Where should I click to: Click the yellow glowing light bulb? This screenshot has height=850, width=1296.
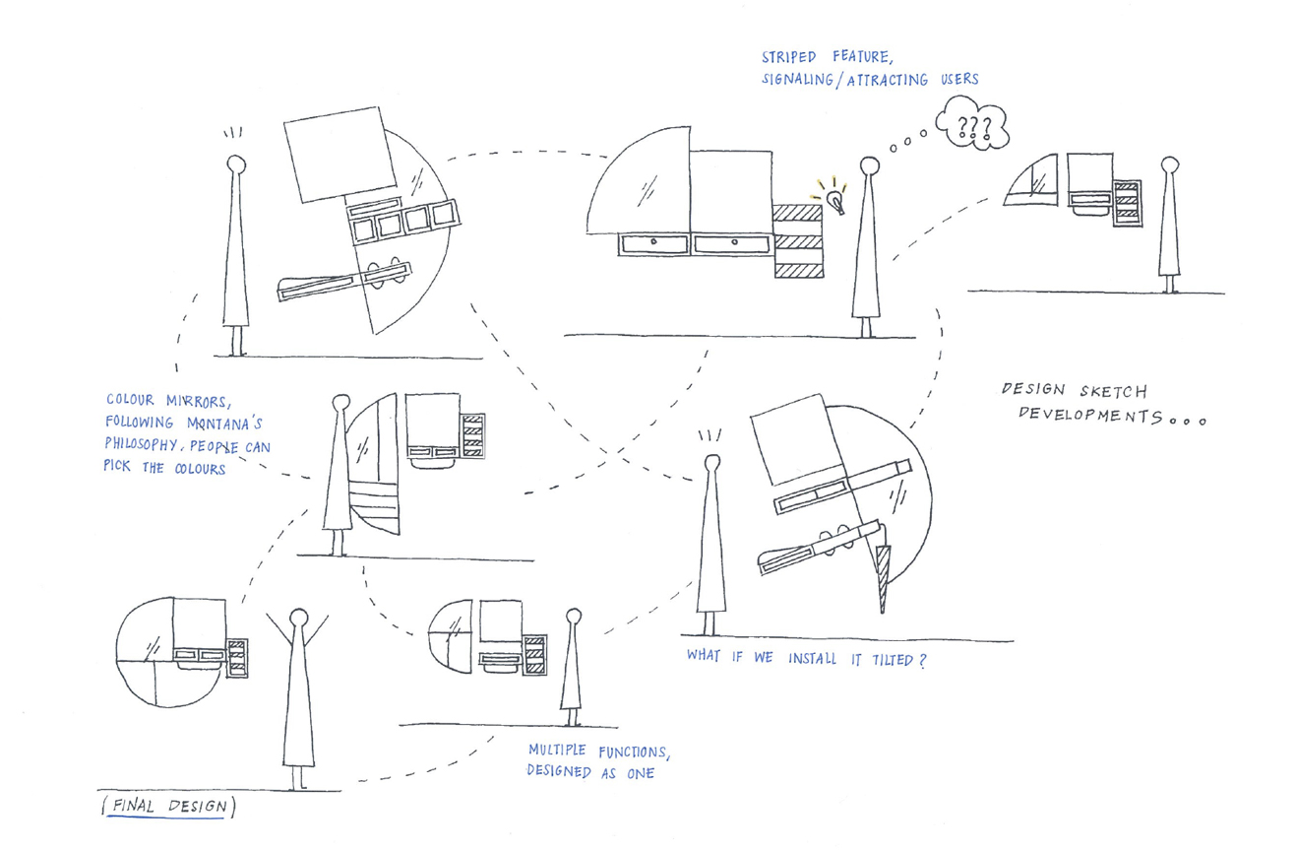point(835,201)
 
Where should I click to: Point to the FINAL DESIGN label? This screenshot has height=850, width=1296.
point(168,807)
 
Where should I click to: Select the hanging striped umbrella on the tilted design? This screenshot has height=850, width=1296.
point(882,577)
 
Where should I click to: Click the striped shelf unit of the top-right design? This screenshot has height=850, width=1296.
point(1128,204)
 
